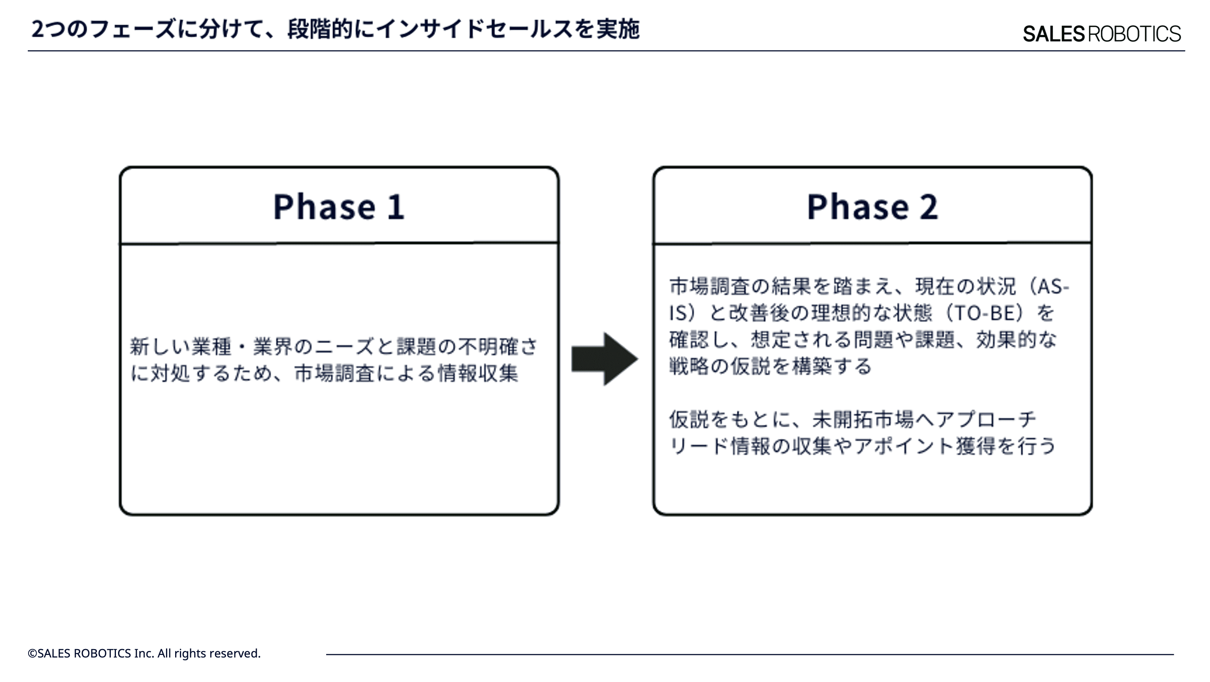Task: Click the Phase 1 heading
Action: coord(339,207)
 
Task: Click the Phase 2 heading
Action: coord(872,207)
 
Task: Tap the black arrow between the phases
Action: coord(604,359)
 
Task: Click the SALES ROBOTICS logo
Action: coord(1101,34)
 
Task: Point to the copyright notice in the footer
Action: coord(144,653)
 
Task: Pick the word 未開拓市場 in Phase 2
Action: coord(863,419)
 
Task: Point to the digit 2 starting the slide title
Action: coord(38,30)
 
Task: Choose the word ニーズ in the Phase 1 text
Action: coord(344,347)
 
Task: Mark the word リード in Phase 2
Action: coord(699,446)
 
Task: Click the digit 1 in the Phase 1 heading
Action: coord(396,207)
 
